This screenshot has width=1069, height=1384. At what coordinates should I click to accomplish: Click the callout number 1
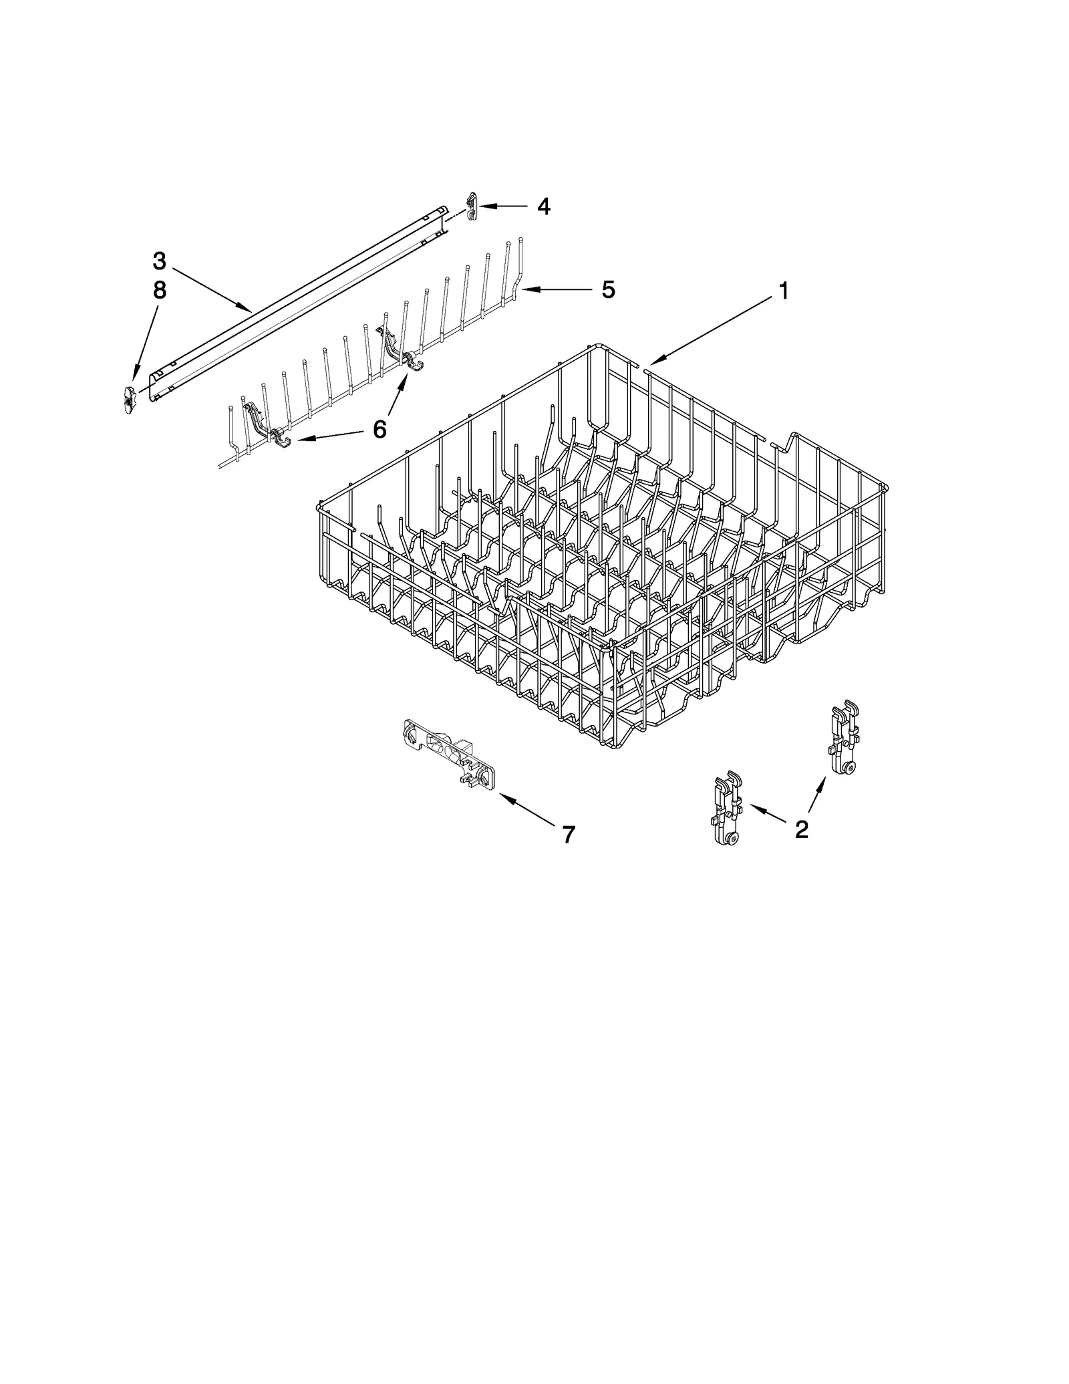(783, 291)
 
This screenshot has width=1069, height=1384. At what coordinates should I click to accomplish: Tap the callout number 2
(801, 829)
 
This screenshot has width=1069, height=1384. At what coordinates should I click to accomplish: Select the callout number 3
(159, 260)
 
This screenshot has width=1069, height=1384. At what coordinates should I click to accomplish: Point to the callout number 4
(544, 206)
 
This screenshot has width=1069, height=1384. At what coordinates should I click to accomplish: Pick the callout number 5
(607, 289)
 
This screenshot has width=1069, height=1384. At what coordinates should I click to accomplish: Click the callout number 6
(379, 429)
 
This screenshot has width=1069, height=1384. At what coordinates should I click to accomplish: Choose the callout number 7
(568, 834)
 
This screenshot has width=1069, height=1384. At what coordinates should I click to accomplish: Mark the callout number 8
(159, 290)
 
